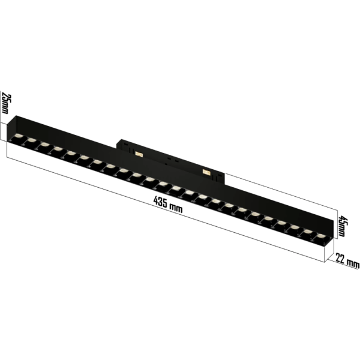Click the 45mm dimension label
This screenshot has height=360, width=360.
pos(343,227)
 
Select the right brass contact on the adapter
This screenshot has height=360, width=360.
pos(208,172)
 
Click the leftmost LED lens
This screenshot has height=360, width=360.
pos(17,139)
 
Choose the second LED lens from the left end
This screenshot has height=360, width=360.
pos(31,143)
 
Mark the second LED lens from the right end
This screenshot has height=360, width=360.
pos(308,235)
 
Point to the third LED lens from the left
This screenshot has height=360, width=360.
pos(44,148)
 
